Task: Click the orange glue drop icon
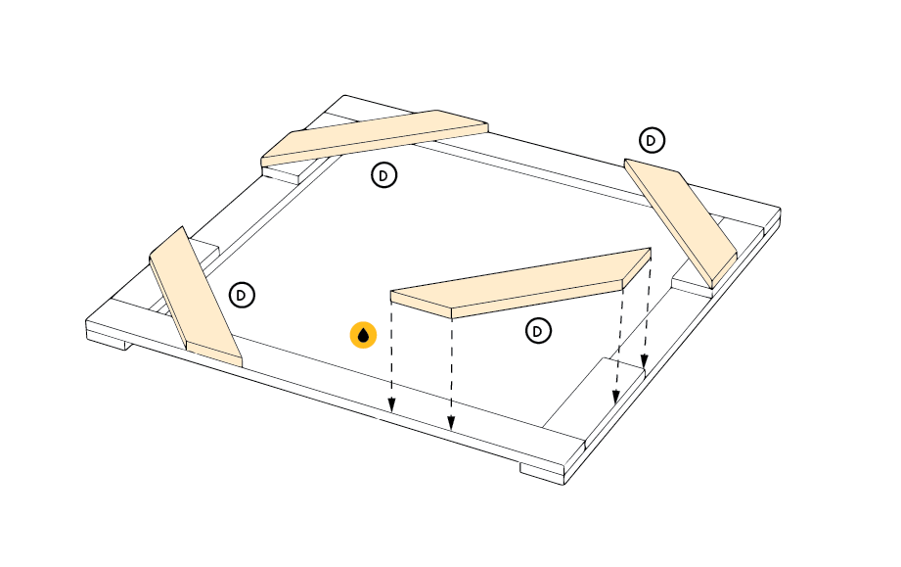[363, 335]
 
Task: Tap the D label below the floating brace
[538, 331]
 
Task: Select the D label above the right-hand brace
[652, 140]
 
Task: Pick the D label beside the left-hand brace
[242, 295]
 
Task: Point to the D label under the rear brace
[383, 175]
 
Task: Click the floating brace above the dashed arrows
[520, 283]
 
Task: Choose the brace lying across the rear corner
[375, 138]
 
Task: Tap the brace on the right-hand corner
[681, 223]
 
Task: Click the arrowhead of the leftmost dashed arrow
[391, 405]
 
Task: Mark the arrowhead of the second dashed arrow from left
[451, 422]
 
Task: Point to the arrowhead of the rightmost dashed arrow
[645, 360]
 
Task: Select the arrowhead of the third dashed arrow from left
[616, 397]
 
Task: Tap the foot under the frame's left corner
[107, 341]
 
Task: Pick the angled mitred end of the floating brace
[637, 268]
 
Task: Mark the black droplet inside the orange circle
[363, 336]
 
